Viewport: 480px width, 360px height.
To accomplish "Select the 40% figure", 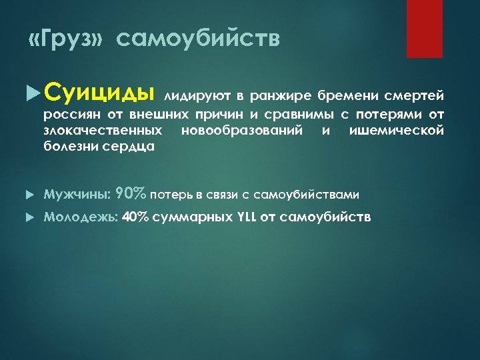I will tap(135, 217).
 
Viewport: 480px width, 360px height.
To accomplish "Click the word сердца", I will tap(133, 147).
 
